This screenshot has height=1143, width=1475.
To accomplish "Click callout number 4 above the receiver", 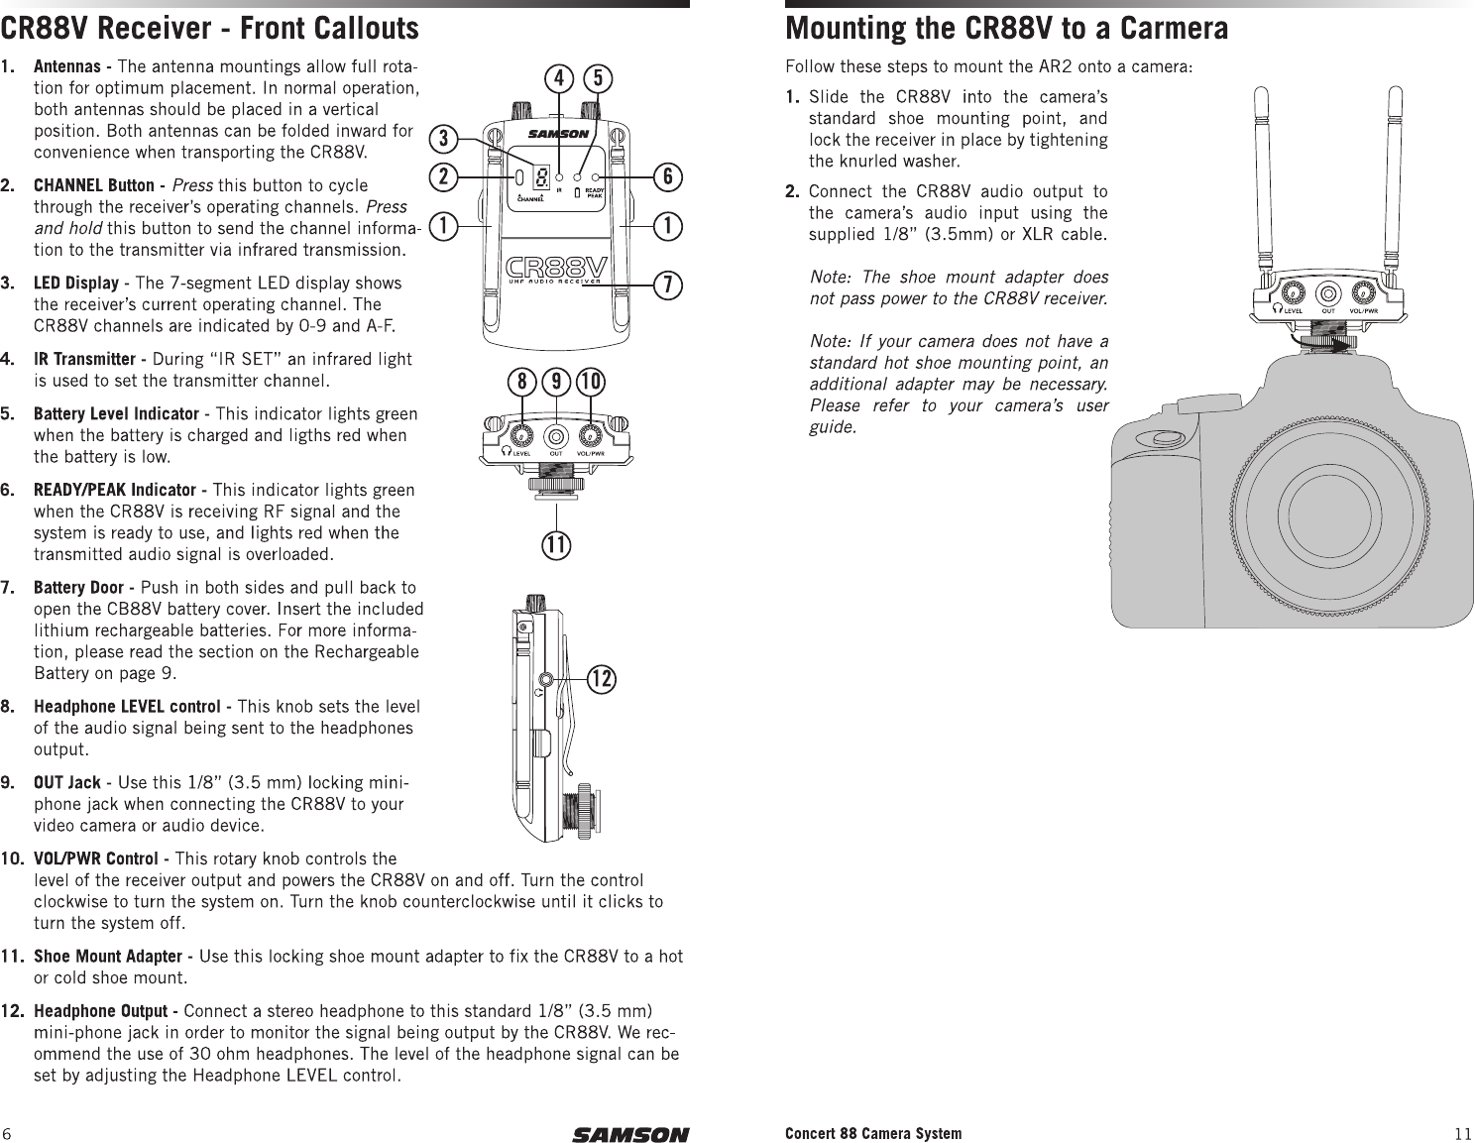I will [x=560, y=77].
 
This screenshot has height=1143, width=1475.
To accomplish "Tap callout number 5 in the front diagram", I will [x=597, y=77].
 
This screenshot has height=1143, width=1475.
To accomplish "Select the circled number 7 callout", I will [x=670, y=284].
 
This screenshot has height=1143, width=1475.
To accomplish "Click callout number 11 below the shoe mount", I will [x=558, y=544].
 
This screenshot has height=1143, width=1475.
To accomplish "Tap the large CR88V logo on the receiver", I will [x=555, y=268].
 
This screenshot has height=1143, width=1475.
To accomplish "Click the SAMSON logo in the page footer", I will [x=629, y=1134].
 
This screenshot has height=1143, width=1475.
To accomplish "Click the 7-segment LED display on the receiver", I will [x=541, y=177].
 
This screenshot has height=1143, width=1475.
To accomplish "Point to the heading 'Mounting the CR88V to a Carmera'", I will [x=1006, y=28].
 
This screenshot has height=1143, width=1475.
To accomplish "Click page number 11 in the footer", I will [x=1463, y=1134].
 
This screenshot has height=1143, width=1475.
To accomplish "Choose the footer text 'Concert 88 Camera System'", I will [x=872, y=1133].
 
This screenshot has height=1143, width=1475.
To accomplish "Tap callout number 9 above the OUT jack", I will [x=558, y=382].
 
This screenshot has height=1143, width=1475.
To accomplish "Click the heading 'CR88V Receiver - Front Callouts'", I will [x=209, y=28].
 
